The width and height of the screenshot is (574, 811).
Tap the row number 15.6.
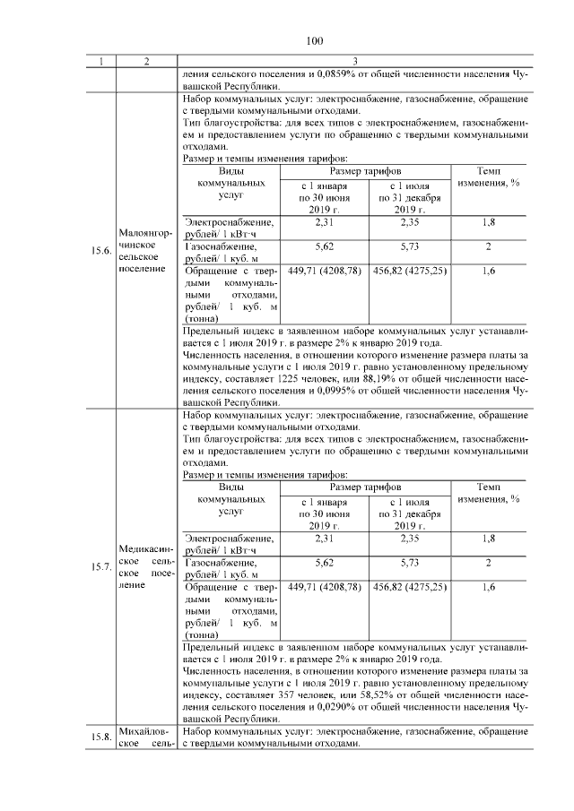coord(100,251)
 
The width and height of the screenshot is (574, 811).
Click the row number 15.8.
coord(100,737)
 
